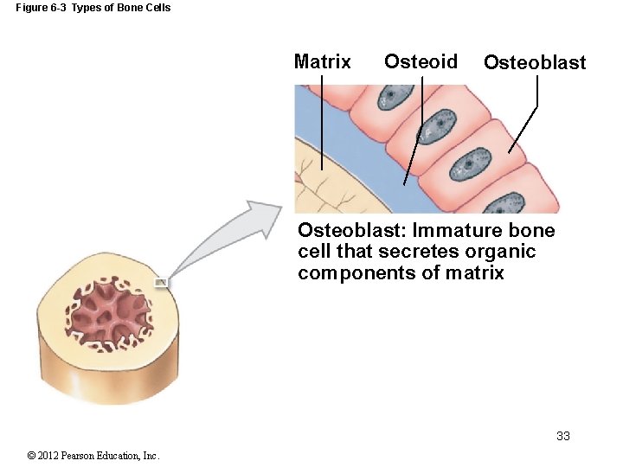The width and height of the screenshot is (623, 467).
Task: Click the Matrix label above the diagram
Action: [322, 61]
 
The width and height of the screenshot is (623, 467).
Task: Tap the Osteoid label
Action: [421, 61]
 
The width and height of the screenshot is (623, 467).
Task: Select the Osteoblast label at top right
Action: [534, 62]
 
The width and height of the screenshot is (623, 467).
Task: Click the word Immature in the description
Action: [454, 231]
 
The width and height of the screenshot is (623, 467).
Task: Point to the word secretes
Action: [413, 252]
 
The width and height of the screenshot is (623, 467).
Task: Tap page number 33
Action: [563, 436]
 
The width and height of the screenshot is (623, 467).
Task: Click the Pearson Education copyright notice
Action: [93, 456]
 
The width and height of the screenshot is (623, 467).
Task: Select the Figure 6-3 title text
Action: [93, 8]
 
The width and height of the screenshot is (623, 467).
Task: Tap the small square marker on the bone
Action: [161, 282]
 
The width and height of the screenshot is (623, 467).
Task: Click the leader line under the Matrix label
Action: [322, 121]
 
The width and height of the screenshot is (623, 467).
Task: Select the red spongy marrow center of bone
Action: [108, 314]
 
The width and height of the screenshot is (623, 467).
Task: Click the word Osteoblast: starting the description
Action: [351, 231]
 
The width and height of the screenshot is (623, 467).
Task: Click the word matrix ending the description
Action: [476, 273]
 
